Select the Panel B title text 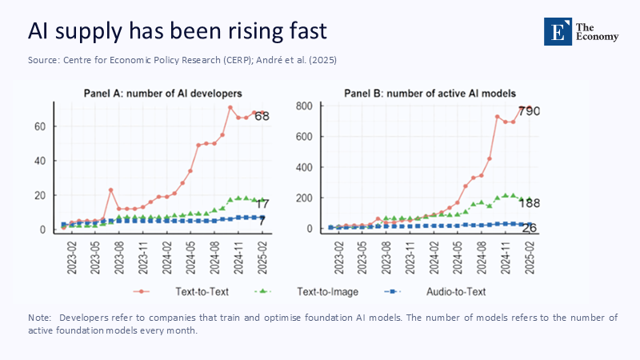coord(430,94)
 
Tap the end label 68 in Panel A coord(262,116)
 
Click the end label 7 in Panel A coord(262,219)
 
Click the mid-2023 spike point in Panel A coord(110,190)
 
